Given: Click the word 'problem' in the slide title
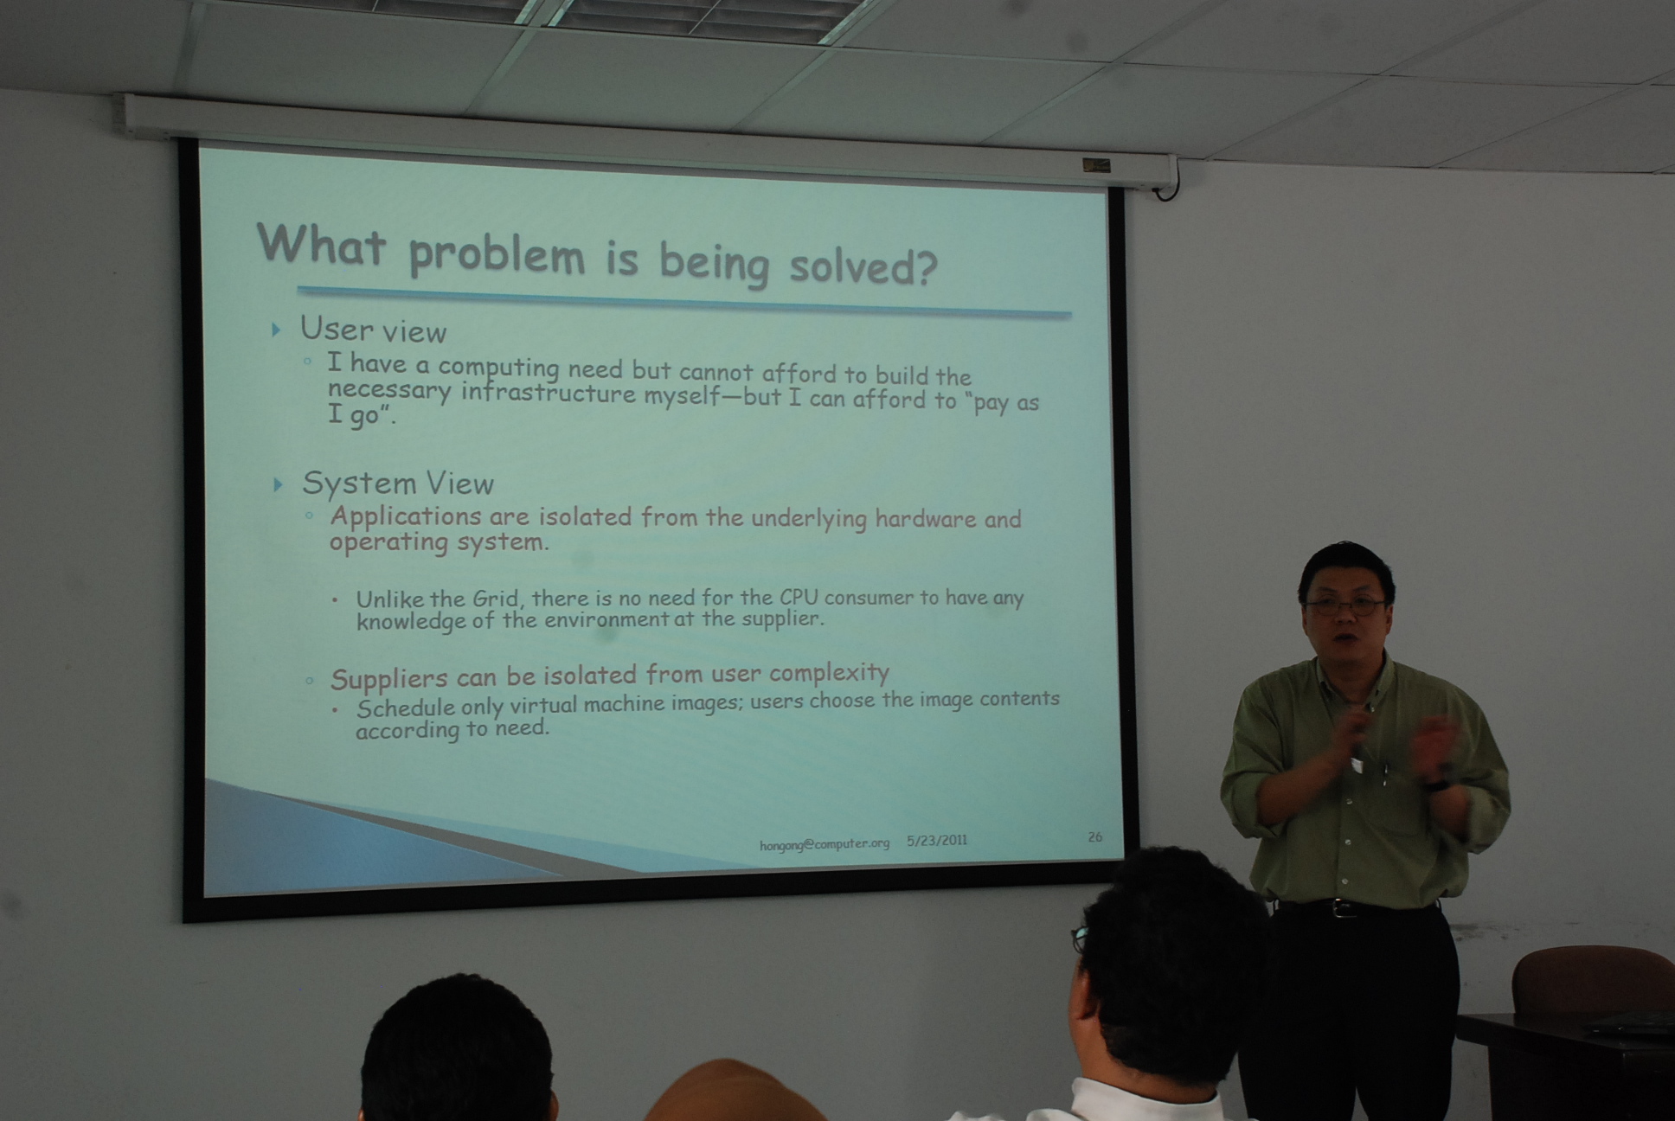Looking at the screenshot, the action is [x=497, y=255].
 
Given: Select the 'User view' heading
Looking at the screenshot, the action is [x=373, y=330].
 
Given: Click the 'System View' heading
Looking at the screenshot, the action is [x=397, y=483].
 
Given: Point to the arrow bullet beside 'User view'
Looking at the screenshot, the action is [x=276, y=330].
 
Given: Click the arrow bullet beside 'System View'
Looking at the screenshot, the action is [x=278, y=484].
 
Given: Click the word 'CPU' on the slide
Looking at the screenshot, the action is [x=799, y=596].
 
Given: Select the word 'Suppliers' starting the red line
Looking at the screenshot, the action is [x=388, y=679].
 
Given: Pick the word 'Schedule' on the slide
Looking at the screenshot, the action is [x=405, y=708].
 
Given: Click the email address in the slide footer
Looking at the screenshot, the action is [x=825, y=844].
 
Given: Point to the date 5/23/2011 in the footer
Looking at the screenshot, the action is [x=937, y=840].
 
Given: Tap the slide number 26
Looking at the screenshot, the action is [x=1094, y=836].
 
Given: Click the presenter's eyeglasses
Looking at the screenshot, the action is [x=1345, y=606].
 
